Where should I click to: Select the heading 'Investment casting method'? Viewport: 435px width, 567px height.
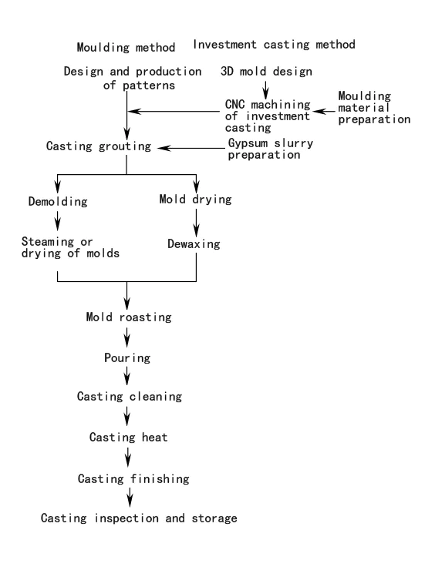(x=274, y=45)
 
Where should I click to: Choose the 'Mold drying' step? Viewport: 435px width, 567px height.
(x=196, y=199)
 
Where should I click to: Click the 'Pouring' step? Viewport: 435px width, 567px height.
(x=126, y=358)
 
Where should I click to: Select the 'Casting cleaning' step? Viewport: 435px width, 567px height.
(x=129, y=396)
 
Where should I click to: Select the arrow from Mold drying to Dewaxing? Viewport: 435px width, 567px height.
(x=197, y=221)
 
